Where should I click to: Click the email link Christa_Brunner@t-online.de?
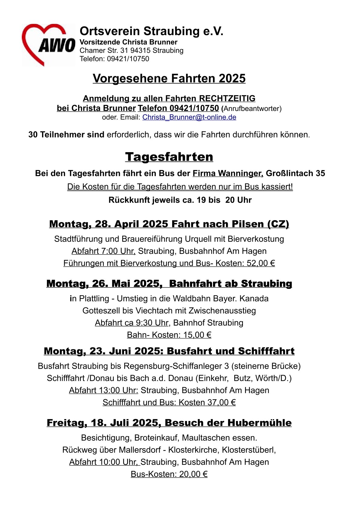(189, 117)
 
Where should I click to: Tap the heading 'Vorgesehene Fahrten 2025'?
(169, 78)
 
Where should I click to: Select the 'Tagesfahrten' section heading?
(169, 157)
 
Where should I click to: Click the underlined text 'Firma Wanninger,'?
(228, 173)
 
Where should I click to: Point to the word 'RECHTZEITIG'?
(227, 98)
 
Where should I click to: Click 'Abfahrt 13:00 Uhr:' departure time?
(103, 390)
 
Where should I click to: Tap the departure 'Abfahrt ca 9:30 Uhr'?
(132, 323)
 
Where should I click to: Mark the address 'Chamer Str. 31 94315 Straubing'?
(132, 50)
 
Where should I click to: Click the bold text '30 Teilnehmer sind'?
(66, 135)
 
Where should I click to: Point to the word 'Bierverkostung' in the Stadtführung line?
(256, 239)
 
